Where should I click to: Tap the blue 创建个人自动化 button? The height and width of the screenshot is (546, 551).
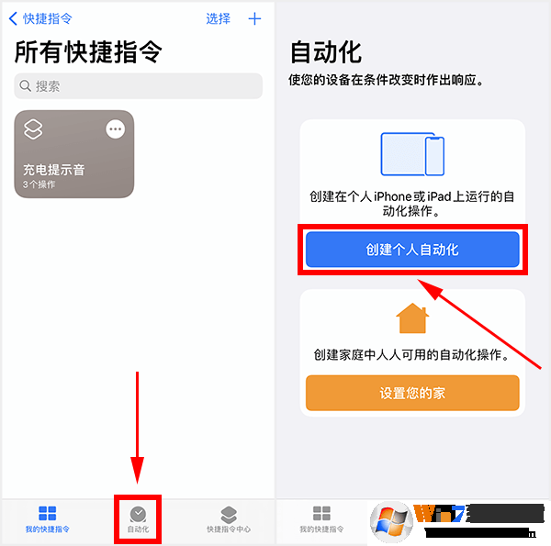click(x=412, y=249)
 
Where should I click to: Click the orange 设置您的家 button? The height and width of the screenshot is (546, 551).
click(x=412, y=393)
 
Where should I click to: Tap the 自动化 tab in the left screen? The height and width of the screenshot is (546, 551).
click(x=138, y=518)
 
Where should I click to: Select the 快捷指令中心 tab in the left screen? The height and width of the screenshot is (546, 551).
click(x=229, y=518)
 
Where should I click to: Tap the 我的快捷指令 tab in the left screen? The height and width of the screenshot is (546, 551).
click(x=47, y=518)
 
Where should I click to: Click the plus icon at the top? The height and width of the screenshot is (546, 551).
click(x=255, y=19)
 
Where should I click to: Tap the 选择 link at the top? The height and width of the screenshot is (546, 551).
click(x=219, y=19)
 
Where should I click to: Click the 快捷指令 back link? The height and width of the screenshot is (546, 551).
click(x=40, y=19)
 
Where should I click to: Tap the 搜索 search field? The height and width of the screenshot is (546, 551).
click(x=138, y=86)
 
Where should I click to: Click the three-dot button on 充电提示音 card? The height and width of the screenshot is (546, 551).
click(x=115, y=129)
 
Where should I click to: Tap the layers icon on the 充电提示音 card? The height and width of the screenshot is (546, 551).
click(x=33, y=129)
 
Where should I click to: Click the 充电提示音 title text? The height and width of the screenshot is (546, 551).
click(x=54, y=170)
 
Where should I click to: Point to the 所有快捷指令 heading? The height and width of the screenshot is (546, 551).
click(x=88, y=52)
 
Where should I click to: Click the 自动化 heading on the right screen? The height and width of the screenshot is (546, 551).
click(x=326, y=51)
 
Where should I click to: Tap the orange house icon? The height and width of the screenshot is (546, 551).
click(x=412, y=318)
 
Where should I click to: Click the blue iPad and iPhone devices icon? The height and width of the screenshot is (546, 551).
click(x=412, y=154)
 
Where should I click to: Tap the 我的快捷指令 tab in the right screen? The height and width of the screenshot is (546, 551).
click(x=321, y=518)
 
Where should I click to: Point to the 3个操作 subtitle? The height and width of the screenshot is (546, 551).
click(x=39, y=184)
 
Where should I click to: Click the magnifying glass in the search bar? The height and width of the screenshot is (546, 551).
click(x=26, y=86)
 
